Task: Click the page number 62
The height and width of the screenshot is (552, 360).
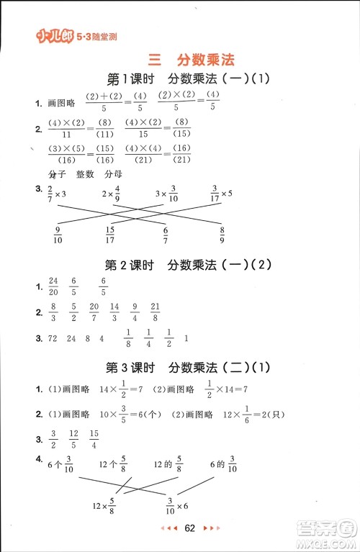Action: [x=190, y=529]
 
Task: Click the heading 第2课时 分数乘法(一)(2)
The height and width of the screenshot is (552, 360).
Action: [x=187, y=265]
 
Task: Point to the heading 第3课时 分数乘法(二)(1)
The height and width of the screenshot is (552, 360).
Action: [x=187, y=368]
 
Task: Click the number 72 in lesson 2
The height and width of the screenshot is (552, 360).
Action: [x=53, y=338]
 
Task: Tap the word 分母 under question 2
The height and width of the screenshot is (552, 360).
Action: [x=112, y=175]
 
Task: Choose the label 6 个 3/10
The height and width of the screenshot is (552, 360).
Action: [x=60, y=466]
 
